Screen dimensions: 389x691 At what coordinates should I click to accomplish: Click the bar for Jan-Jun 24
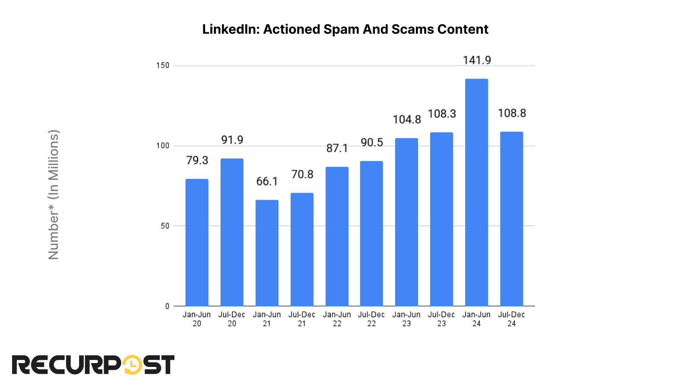pyautogui.click(x=476, y=192)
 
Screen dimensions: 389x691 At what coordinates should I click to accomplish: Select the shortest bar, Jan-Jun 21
pyautogui.click(x=267, y=253)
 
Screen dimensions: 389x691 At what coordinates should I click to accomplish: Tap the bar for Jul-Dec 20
pyautogui.click(x=232, y=232)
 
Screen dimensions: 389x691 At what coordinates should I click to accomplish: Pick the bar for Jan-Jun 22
pyautogui.click(x=337, y=236)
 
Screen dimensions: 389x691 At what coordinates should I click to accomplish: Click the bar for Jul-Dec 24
pyautogui.click(x=511, y=219)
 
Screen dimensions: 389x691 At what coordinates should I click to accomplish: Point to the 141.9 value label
pyautogui.click(x=477, y=60)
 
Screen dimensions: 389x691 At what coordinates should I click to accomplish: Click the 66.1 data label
pyautogui.click(x=267, y=182)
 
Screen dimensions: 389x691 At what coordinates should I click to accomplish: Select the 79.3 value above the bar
pyautogui.click(x=197, y=160)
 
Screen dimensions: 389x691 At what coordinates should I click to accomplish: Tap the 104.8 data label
pyautogui.click(x=406, y=120)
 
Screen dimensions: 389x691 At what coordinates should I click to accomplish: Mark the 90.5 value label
pyautogui.click(x=371, y=143)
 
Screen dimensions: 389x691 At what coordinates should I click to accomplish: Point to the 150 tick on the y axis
pyautogui.click(x=163, y=66)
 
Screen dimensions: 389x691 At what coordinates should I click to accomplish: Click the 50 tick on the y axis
pyautogui.click(x=165, y=226)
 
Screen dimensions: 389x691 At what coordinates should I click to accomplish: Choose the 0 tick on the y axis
pyautogui.click(x=167, y=306)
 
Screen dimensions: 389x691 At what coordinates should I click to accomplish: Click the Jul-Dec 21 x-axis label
pyautogui.click(x=302, y=319)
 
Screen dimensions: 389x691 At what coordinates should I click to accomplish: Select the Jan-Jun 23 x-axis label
pyautogui.click(x=406, y=319)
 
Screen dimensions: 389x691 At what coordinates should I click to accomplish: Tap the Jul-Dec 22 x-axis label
pyautogui.click(x=371, y=319)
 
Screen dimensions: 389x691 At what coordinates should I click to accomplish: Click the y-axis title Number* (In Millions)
pyautogui.click(x=54, y=194)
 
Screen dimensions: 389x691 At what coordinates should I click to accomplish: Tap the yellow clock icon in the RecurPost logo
pyautogui.click(x=132, y=365)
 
